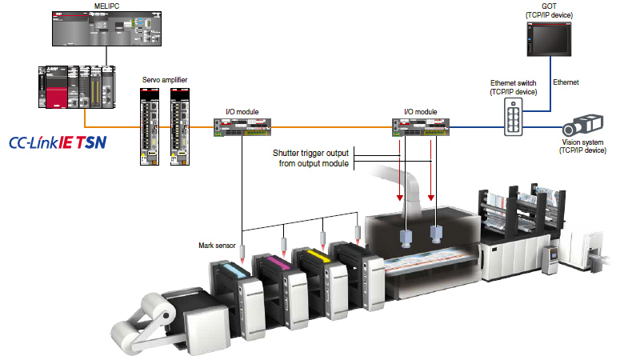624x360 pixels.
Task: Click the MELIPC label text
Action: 94,6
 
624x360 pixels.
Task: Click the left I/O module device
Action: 241,125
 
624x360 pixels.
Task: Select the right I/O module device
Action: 421,126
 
